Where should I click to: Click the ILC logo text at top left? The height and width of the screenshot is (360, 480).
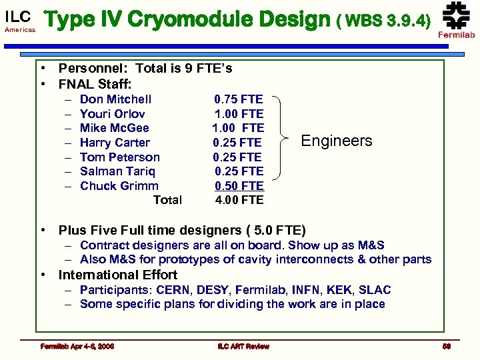click(x=18, y=16)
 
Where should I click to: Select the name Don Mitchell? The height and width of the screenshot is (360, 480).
click(x=115, y=99)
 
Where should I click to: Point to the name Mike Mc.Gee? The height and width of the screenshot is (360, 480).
click(x=114, y=128)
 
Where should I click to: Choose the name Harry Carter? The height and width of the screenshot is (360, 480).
click(x=115, y=143)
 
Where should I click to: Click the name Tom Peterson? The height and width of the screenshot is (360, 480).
click(x=119, y=157)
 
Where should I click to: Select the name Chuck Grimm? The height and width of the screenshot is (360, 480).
click(x=119, y=186)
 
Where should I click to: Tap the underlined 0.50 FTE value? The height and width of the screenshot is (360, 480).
click(x=239, y=186)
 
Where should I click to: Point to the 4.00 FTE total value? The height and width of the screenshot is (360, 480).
click(x=239, y=200)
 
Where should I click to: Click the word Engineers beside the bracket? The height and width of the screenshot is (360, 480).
click(x=337, y=141)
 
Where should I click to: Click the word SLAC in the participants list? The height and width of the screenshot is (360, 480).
click(x=375, y=290)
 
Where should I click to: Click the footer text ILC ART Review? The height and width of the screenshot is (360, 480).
click(x=243, y=346)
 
